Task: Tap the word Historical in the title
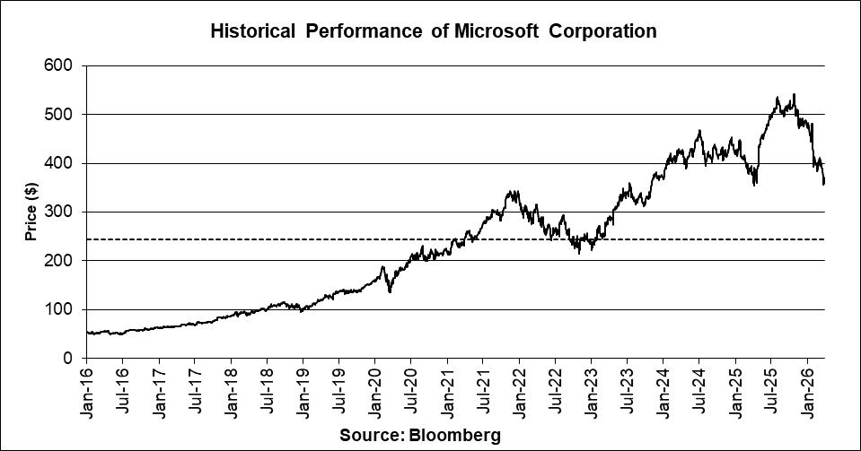tap(252, 31)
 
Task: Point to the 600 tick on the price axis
tap(64, 65)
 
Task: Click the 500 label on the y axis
tap(64, 115)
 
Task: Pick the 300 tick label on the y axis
tap(64, 212)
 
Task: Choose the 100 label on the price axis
tap(64, 309)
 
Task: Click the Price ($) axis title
tap(31, 212)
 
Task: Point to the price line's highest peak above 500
tap(794, 95)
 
